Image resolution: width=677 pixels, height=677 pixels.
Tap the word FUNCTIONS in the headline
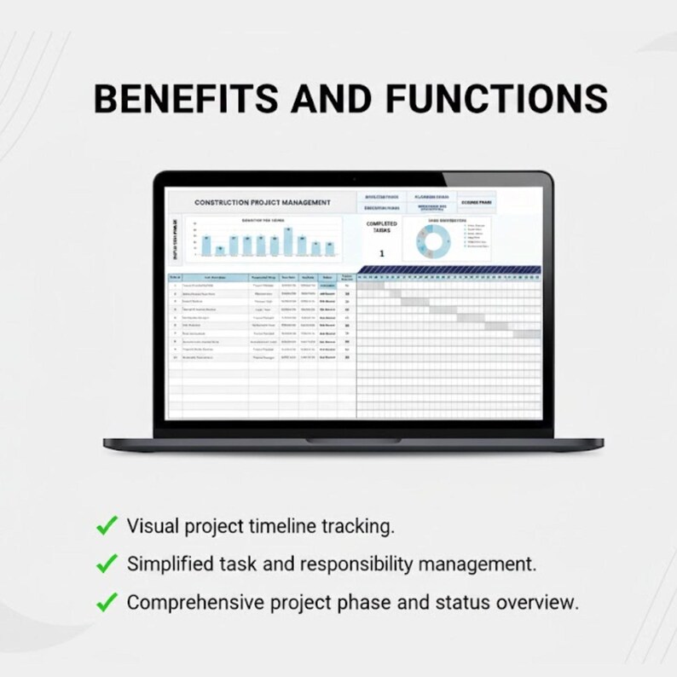pyautogui.click(x=497, y=99)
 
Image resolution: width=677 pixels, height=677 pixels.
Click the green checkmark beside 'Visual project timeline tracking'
pyautogui.click(x=107, y=526)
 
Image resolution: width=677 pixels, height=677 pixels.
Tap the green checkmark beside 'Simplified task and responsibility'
pyautogui.click(x=107, y=564)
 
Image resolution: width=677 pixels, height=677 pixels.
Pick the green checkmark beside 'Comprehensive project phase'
pyautogui.click(x=107, y=602)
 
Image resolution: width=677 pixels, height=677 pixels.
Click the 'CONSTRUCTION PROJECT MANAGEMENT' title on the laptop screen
pyautogui.click(x=262, y=203)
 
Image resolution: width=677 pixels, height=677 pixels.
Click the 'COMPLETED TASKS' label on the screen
pyautogui.click(x=381, y=227)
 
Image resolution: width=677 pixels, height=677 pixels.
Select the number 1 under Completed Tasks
pyautogui.click(x=381, y=253)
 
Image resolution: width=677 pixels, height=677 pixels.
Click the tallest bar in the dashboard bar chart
pyautogui.click(x=289, y=242)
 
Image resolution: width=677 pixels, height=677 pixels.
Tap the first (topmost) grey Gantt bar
pyautogui.click(x=373, y=286)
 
